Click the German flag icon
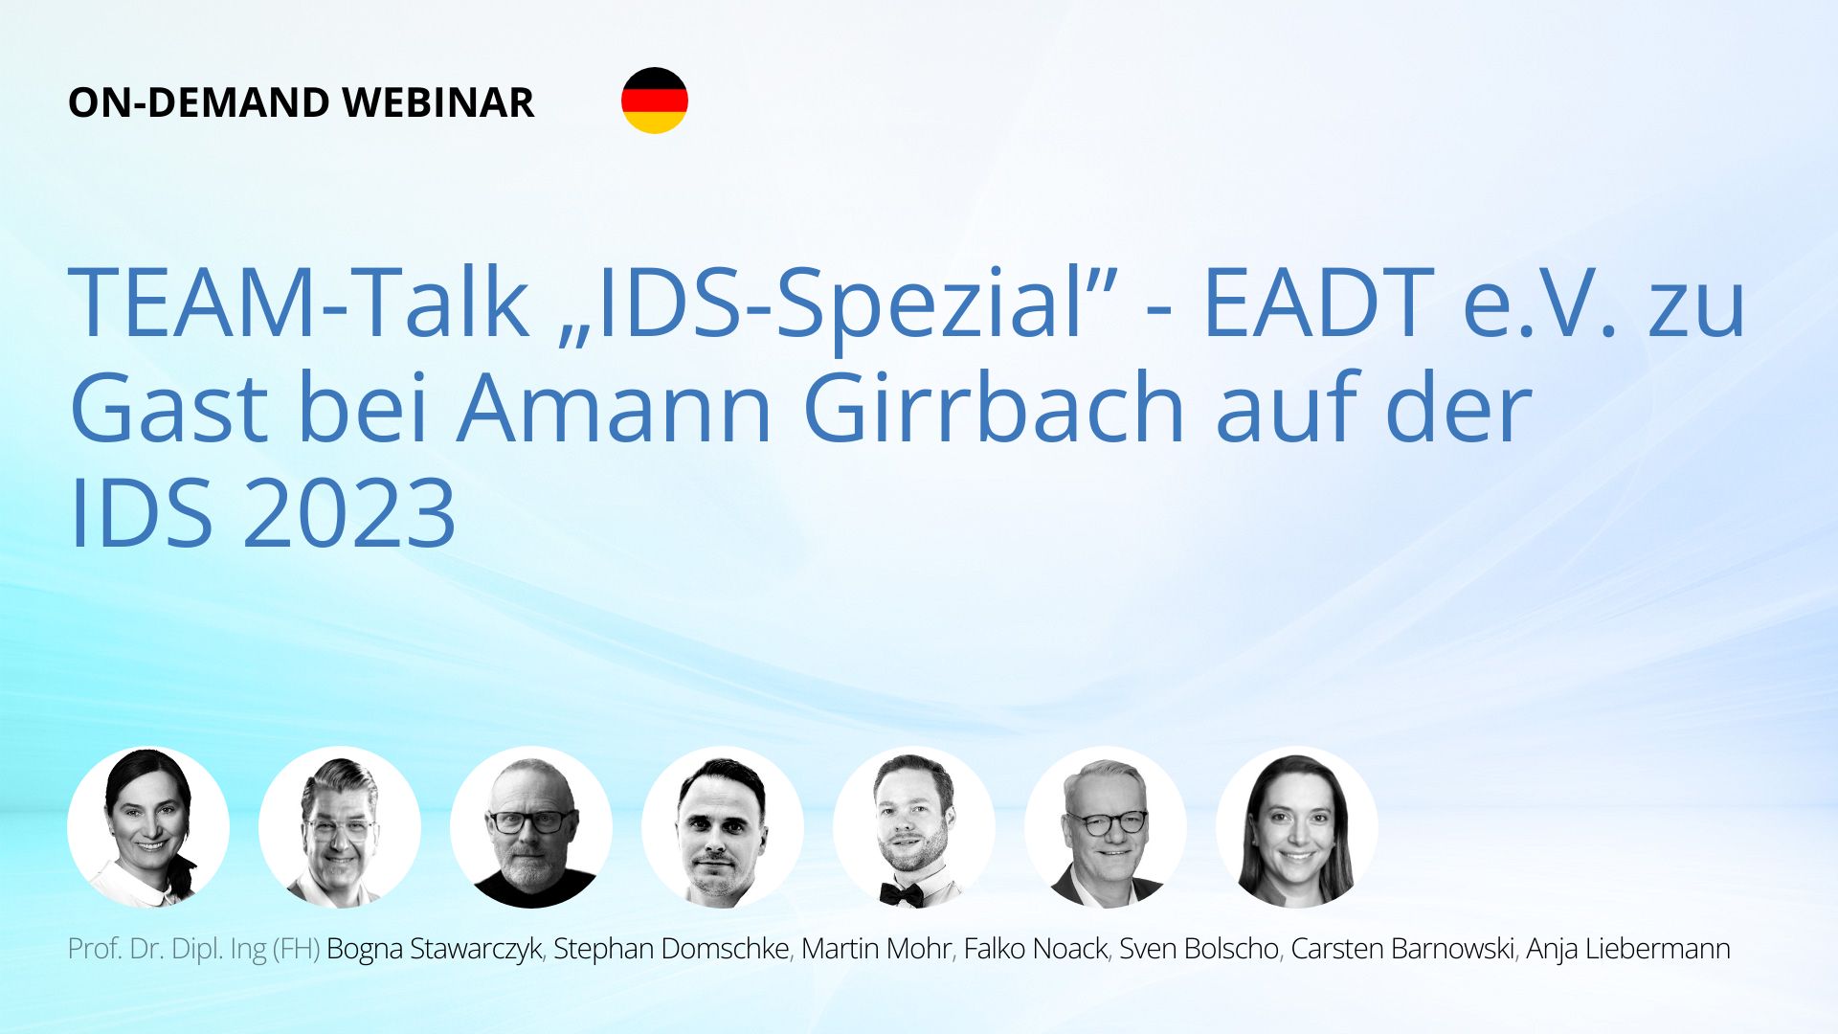point(655,101)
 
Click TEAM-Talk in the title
point(300,302)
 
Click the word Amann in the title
point(615,409)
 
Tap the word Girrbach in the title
point(995,409)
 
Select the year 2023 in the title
point(349,514)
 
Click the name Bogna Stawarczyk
point(434,949)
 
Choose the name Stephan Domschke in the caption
point(671,949)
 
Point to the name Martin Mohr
point(876,949)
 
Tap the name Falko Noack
point(1035,949)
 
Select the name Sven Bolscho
point(1199,949)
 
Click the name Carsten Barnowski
point(1402,949)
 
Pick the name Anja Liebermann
point(1627,949)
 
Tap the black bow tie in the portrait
point(902,894)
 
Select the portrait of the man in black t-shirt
point(531,827)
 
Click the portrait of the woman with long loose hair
point(1297,827)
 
